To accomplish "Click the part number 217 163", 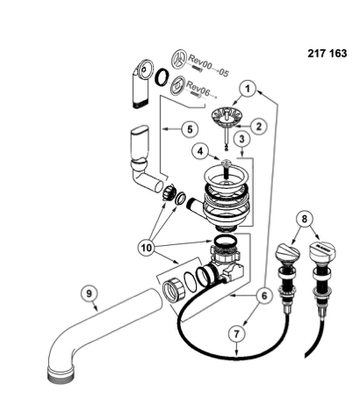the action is pyautogui.click(x=327, y=54).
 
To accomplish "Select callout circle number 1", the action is pyautogui.click(x=248, y=89).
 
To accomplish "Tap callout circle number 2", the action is pyautogui.click(x=259, y=127).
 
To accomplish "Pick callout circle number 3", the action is pyautogui.click(x=241, y=139).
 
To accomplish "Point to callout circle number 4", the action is pyautogui.click(x=200, y=151).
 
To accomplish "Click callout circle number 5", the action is pyautogui.click(x=190, y=129).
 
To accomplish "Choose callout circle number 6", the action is pyautogui.click(x=264, y=296).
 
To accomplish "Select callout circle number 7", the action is pyautogui.click(x=236, y=334).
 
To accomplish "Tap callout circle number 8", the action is pyautogui.click(x=305, y=219).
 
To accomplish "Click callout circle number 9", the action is pyautogui.click(x=90, y=293).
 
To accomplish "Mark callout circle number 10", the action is pyautogui.click(x=147, y=248).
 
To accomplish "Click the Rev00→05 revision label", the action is pyautogui.click(x=208, y=66).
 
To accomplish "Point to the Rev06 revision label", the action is pyautogui.click(x=198, y=89).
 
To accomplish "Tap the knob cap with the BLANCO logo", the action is pyautogui.click(x=322, y=251).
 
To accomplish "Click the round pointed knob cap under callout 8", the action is pyautogui.click(x=287, y=253).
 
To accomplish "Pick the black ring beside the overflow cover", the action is pyautogui.click(x=162, y=77).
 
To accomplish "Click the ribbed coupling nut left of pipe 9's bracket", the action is pyautogui.click(x=174, y=289).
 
